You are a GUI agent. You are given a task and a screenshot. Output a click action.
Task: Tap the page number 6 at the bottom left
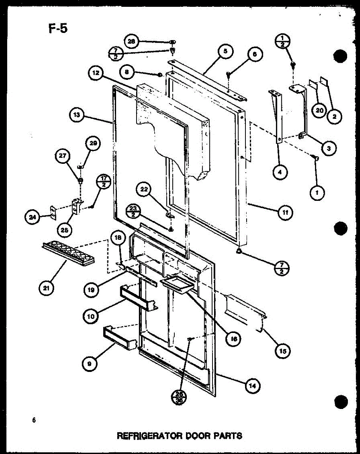(34, 420)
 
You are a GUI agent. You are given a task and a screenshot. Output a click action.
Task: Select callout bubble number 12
(95, 74)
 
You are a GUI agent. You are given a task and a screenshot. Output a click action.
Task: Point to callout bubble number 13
(77, 115)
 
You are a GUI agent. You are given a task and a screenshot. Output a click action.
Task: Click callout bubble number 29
(93, 143)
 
